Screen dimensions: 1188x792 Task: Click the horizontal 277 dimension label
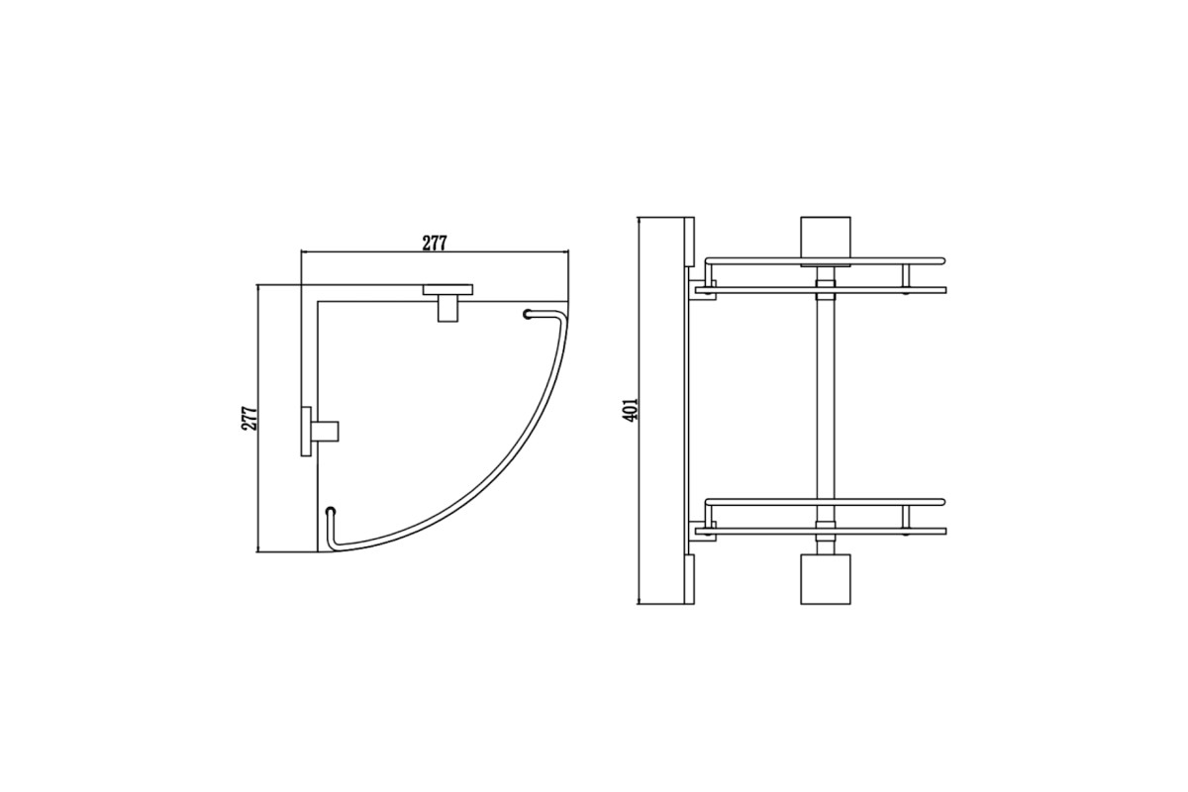(x=435, y=243)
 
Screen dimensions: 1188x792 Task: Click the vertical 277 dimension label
(x=249, y=419)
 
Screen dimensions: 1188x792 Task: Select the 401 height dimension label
(x=630, y=410)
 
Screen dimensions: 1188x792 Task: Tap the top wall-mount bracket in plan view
(x=447, y=302)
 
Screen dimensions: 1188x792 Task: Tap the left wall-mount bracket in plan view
(x=318, y=432)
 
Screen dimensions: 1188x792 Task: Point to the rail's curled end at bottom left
(x=331, y=511)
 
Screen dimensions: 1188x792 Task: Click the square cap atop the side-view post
(x=826, y=242)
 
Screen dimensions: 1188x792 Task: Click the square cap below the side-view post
(x=826, y=579)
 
